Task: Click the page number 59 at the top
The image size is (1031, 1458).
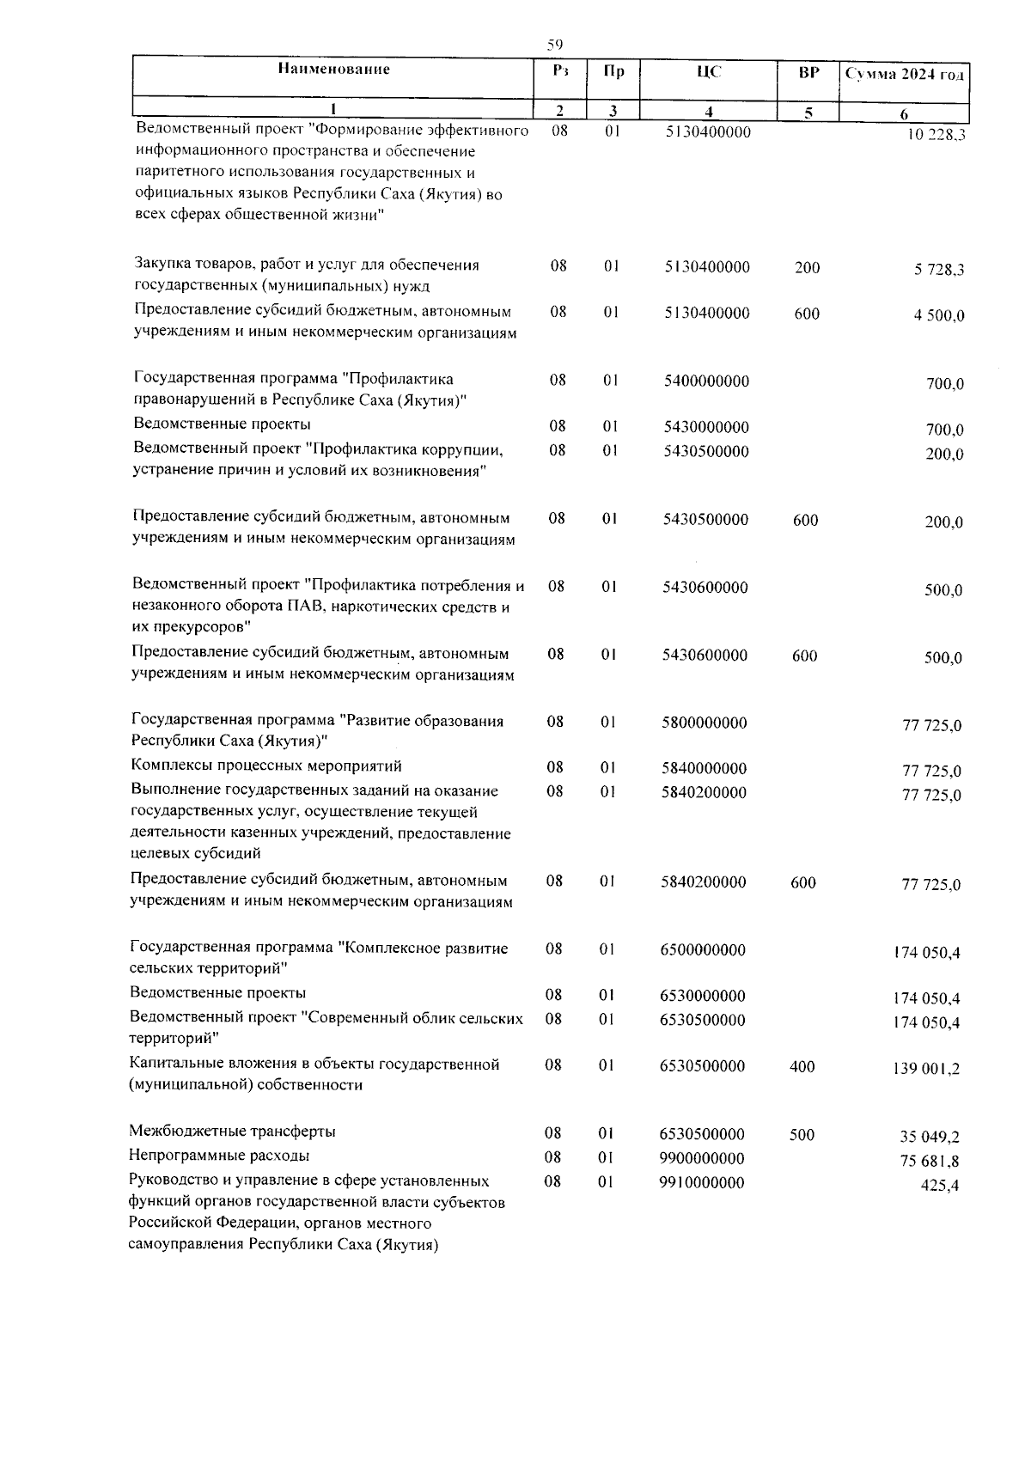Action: click(x=554, y=45)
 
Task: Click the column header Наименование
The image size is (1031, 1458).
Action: click(x=333, y=70)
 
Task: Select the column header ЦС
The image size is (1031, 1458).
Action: click(x=709, y=73)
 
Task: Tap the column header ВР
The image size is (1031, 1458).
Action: click(x=808, y=73)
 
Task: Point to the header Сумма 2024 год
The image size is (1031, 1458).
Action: click(x=905, y=75)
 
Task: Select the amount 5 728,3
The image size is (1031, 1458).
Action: click(x=939, y=270)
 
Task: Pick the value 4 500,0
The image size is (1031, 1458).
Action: click(x=939, y=316)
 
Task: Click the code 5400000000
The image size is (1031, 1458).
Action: click(x=706, y=381)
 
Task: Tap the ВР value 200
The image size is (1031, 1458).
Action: click(x=807, y=268)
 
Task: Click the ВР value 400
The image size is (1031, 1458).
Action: click(x=802, y=1066)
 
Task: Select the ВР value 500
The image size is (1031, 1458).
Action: click(x=802, y=1135)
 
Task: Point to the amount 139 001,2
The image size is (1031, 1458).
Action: click(x=927, y=1069)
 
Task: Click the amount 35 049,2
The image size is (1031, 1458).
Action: click(x=930, y=1138)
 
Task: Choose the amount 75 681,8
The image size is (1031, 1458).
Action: click(x=930, y=1162)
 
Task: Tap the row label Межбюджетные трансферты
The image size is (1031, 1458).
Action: click(x=232, y=1132)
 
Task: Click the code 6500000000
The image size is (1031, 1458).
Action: click(x=703, y=950)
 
